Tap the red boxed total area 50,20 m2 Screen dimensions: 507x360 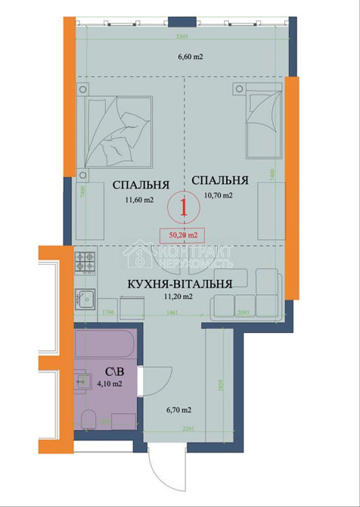coord(182,235)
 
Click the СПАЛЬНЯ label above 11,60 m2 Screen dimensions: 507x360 coord(140,185)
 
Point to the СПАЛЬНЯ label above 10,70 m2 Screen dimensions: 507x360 coord(220,180)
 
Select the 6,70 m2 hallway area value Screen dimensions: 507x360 coord(178,411)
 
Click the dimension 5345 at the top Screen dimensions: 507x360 coord(181,35)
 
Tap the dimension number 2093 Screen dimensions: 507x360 coord(244,312)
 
